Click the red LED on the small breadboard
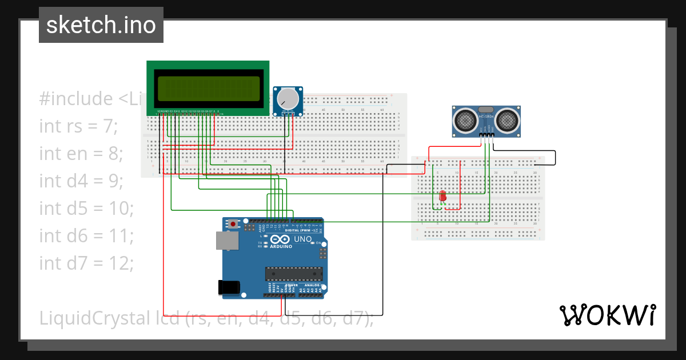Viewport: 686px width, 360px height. tap(442, 197)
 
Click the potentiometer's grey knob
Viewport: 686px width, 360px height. tap(288, 99)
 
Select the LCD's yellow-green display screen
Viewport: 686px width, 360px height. tap(209, 87)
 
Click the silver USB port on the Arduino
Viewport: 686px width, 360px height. tap(227, 241)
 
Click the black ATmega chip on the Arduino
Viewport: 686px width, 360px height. tap(293, 274)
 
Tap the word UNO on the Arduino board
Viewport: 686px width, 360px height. tap(302, 239)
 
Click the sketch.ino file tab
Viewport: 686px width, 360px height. tap(101, 25)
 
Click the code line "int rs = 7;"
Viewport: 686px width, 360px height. tap(78, 126)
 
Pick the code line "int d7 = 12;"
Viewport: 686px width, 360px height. tap(86, 263)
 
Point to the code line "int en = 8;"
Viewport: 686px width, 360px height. tap(81, 153)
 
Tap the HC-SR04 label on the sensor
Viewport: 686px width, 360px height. tap(486, 117)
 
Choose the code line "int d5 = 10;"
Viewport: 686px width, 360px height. tap(86, 208)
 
